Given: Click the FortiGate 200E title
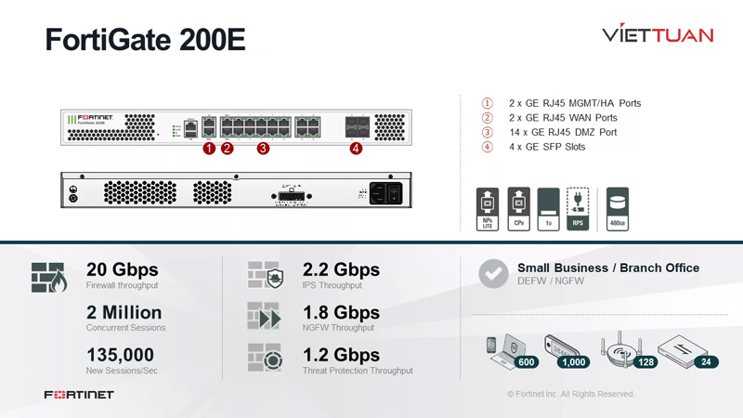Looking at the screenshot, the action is pos(145,40).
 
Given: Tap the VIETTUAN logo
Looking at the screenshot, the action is pos(658,35).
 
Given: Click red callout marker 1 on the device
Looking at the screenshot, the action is pos(209,148).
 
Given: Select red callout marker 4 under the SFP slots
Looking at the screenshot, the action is pos(356,148).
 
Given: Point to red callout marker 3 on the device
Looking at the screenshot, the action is pos(263,148).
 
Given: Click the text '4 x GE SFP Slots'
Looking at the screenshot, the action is pos(547,147).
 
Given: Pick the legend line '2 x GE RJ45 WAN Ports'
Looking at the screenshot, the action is pos(563,118).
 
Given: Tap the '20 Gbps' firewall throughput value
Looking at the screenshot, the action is pos(122,269).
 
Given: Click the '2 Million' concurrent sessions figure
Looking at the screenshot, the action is pos(124,312).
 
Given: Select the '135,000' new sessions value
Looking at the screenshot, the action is pos(120,355).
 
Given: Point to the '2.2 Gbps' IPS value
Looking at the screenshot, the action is pos(341,269).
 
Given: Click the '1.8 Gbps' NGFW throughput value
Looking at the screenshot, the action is pos(341,312).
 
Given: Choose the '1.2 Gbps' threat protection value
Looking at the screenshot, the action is pos(341,355).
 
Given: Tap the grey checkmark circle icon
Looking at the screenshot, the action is pos(492,273).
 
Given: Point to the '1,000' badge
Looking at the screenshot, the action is pos(574,362).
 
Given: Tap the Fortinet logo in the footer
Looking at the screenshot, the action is pos(79,395).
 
